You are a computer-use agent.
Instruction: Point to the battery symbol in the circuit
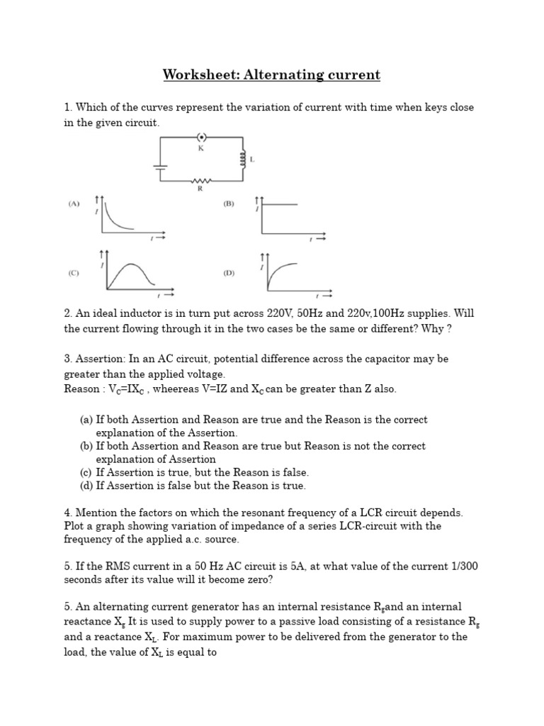(x=161, y=167)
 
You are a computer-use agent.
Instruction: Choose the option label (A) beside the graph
(x=74, y=203)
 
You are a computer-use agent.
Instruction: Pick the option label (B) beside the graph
(x=229, y=203)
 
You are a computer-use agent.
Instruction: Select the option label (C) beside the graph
(x=74, y=272)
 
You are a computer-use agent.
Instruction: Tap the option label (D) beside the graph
(x=229, y=272)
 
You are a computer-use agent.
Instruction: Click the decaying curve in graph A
(x=115, y=219)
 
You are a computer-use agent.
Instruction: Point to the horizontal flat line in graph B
(x=280, y=204)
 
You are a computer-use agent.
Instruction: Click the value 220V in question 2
(x=271, y=313)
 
